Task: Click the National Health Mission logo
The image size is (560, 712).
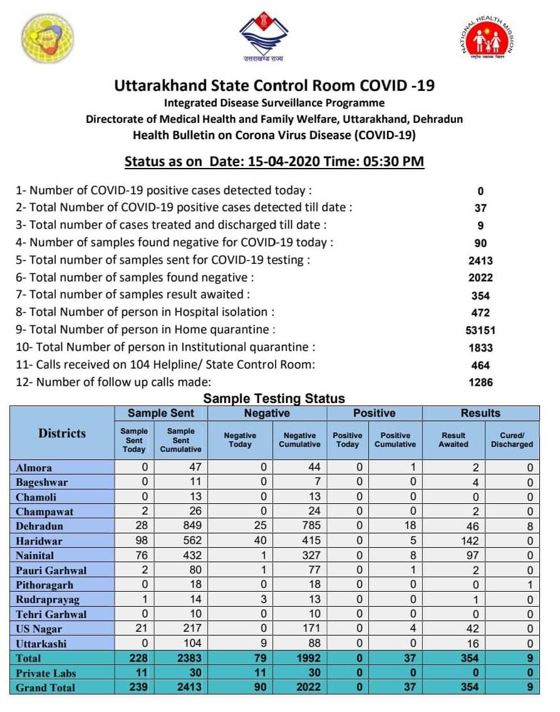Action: [x=487, y=38]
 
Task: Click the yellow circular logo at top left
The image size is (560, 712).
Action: [x=48, y=39]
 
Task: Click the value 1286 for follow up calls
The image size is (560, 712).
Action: [x=480, y=382]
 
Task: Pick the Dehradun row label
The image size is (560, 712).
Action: [x=39, y=526]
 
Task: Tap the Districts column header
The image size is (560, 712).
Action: [x=62, y=434]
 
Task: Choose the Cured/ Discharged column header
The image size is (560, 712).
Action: [x=512, y=440]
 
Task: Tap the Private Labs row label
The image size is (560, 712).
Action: [x=46, y=673]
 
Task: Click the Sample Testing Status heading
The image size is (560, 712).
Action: [x=274, y=399]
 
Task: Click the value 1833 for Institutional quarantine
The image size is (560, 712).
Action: [x=480, y=348]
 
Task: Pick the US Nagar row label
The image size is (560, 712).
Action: [x=39, y=629]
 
